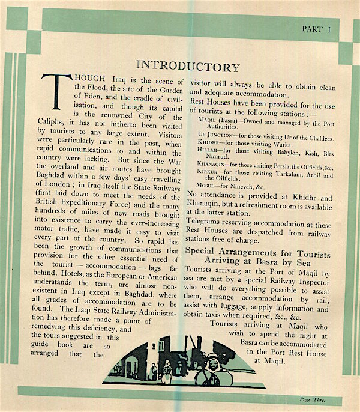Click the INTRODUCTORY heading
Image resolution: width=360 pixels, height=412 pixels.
188,67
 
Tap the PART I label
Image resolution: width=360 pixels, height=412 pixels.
316,28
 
